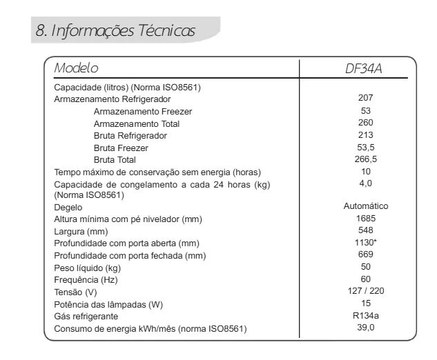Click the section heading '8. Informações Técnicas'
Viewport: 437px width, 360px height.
pos(115,31)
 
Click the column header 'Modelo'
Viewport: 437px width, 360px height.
pos(76,68)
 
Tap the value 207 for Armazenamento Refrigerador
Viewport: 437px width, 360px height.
pos(366,98)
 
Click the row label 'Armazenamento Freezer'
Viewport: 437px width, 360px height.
pos(143,111)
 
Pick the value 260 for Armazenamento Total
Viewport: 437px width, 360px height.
pos(366,123)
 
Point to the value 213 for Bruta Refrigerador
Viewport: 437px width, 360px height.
pos(366,135)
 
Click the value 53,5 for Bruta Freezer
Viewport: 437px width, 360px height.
pos(366,148)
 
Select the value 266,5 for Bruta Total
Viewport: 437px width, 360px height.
pos(366,159)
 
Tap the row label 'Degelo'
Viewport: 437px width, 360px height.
pos(68,207)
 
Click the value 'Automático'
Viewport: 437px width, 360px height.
pos(366,206)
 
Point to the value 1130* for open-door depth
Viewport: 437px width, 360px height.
pos(366,243)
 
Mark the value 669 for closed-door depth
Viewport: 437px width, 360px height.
pos(366,254)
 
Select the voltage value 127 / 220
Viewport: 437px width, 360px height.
pos(366,291)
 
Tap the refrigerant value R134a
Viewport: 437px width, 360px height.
pos(366,316)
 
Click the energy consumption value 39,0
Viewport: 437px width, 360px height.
pos(366,328)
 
